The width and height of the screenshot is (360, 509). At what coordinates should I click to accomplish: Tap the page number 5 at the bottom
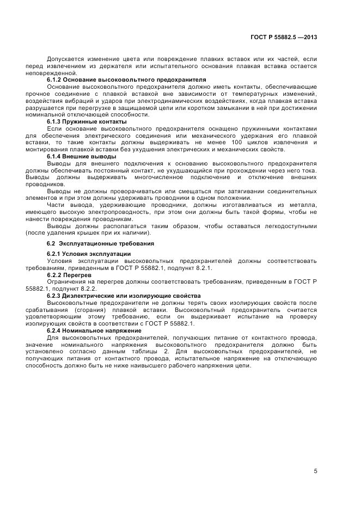(x=315, y=471)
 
